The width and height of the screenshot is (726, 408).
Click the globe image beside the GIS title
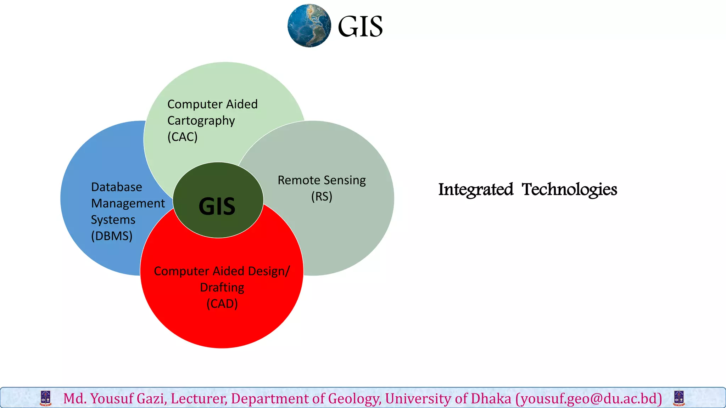309,25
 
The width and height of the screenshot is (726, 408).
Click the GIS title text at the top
360,27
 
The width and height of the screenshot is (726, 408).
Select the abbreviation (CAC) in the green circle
182,137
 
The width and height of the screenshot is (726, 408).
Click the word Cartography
201,121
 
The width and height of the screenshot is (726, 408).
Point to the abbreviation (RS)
322,196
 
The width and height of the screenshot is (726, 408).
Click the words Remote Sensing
322,180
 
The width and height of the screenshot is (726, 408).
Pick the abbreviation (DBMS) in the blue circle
112,236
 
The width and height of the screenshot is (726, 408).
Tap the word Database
117,187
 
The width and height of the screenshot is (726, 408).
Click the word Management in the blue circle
128,203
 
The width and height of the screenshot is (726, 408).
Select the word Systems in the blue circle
113,220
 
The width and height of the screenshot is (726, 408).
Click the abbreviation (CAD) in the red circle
222,304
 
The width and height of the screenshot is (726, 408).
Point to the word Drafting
222,287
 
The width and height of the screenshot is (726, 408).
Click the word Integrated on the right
476,189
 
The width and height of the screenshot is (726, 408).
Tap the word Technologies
569,189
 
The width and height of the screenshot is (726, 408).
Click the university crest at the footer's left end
46,398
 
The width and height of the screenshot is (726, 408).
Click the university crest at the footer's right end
678,398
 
